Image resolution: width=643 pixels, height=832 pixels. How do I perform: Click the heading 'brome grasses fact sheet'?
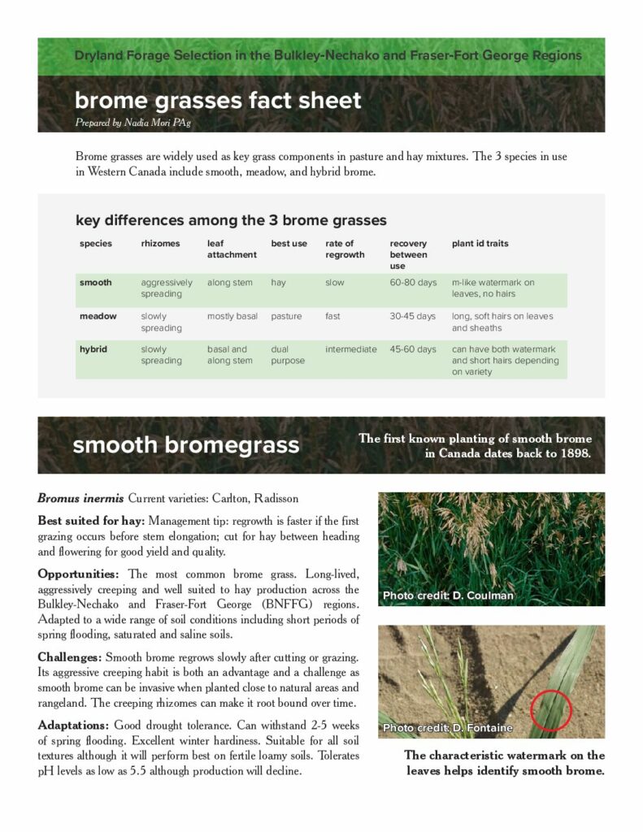coord(218,101)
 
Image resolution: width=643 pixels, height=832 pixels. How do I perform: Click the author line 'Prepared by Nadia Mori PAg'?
coord(133,122)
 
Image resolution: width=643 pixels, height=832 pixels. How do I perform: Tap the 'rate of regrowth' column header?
coord(340,249)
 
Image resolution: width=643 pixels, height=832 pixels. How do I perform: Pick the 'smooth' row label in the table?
coord(95,283)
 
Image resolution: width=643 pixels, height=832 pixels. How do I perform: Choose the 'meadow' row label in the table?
coord(98,316)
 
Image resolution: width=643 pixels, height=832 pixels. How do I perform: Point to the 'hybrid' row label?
coord(94,349)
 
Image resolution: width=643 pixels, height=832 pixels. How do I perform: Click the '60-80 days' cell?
coord(413,283)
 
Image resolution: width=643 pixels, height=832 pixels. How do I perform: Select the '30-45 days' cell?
coord(413,316)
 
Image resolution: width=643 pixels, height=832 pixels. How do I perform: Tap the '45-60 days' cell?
coord(413,349)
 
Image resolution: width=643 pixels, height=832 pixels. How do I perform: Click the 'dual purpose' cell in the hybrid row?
coord(288,355)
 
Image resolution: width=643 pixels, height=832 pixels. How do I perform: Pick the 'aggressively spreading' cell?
coord(167,288)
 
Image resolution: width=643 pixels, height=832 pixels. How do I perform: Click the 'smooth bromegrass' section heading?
coord(186,445)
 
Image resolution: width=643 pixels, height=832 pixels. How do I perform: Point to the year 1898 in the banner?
coord(582,453)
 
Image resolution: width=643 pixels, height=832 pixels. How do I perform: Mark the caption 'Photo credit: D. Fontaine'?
coord(448,728)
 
